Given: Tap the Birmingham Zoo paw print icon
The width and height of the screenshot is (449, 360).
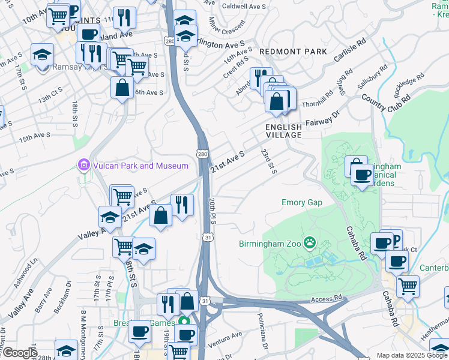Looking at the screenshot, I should coord(310,243).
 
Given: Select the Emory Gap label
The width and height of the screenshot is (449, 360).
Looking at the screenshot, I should coord(301,203).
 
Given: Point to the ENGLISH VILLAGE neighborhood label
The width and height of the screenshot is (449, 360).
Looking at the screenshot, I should coord(284,131).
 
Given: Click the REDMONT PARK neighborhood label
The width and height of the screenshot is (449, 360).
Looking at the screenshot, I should coord(294,52).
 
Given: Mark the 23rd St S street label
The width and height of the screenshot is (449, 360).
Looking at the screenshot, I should coord(268,161).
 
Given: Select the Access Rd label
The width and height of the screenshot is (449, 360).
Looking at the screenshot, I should coord(327,298).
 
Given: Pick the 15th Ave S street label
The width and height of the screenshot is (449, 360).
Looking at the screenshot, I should coord(34,137).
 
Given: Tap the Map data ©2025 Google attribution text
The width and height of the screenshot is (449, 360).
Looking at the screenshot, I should coord(411,355).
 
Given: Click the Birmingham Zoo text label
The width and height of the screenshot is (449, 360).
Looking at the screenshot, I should coord(269,244).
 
